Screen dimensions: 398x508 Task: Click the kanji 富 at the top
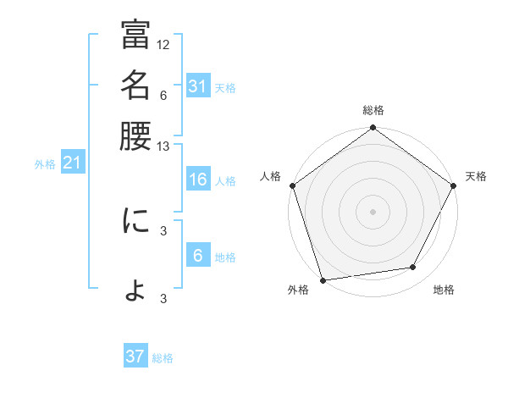[135, 36]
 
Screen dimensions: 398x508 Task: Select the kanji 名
[135, 86]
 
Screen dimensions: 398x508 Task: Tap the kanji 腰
[135, 136]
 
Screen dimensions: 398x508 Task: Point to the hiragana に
[135, 221]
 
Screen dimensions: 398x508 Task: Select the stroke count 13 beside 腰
[163, 146]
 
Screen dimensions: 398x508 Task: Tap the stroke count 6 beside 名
[163, 96]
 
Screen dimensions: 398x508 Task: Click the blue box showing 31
[197, 86]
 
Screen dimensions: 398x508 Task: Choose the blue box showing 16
[197, 180]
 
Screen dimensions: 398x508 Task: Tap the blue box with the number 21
[71, 163]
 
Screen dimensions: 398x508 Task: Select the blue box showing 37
[135, 357]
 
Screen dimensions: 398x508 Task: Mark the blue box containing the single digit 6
[197, 256]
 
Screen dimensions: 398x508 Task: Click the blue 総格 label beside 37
[163, 358]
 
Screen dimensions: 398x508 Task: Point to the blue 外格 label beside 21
[45, 164]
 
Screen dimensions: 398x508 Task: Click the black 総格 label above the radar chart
[373, 110]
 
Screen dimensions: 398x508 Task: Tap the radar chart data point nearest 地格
[413, 268]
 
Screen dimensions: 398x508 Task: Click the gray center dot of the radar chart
[373, 212]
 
